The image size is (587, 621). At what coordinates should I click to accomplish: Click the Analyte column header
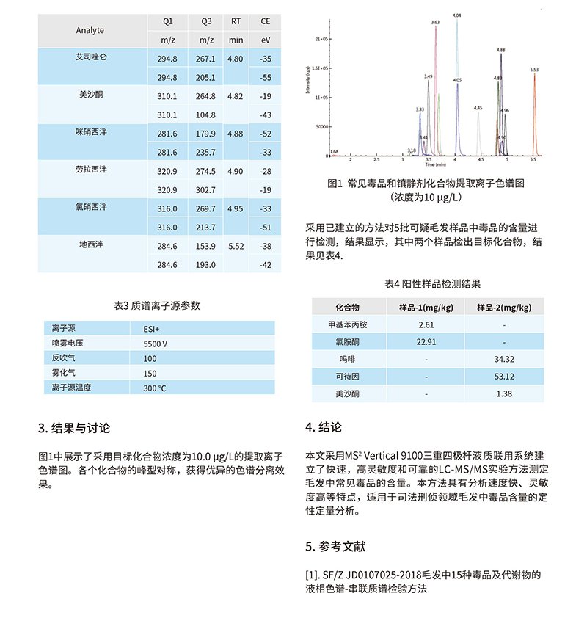coord(90,30)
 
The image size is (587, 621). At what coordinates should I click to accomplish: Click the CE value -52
coord(266,134)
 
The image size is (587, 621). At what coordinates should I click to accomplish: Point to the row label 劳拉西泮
coord(93,170)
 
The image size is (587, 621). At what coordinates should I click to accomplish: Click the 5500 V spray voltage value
coord(156,343)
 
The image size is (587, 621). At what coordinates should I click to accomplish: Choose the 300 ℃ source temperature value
coord(156,388)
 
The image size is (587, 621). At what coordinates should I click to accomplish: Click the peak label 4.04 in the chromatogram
coord(457,15)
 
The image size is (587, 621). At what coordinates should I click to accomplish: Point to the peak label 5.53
coord(534,70)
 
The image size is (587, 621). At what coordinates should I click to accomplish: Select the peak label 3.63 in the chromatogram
coord(435,23)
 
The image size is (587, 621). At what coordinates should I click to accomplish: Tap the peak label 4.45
coord(478,108)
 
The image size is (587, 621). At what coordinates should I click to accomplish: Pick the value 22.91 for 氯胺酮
coord(426,341)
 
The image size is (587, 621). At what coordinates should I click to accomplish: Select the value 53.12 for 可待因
coord(504,377)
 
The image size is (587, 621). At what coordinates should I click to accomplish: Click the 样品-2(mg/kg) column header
coord(503,306)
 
